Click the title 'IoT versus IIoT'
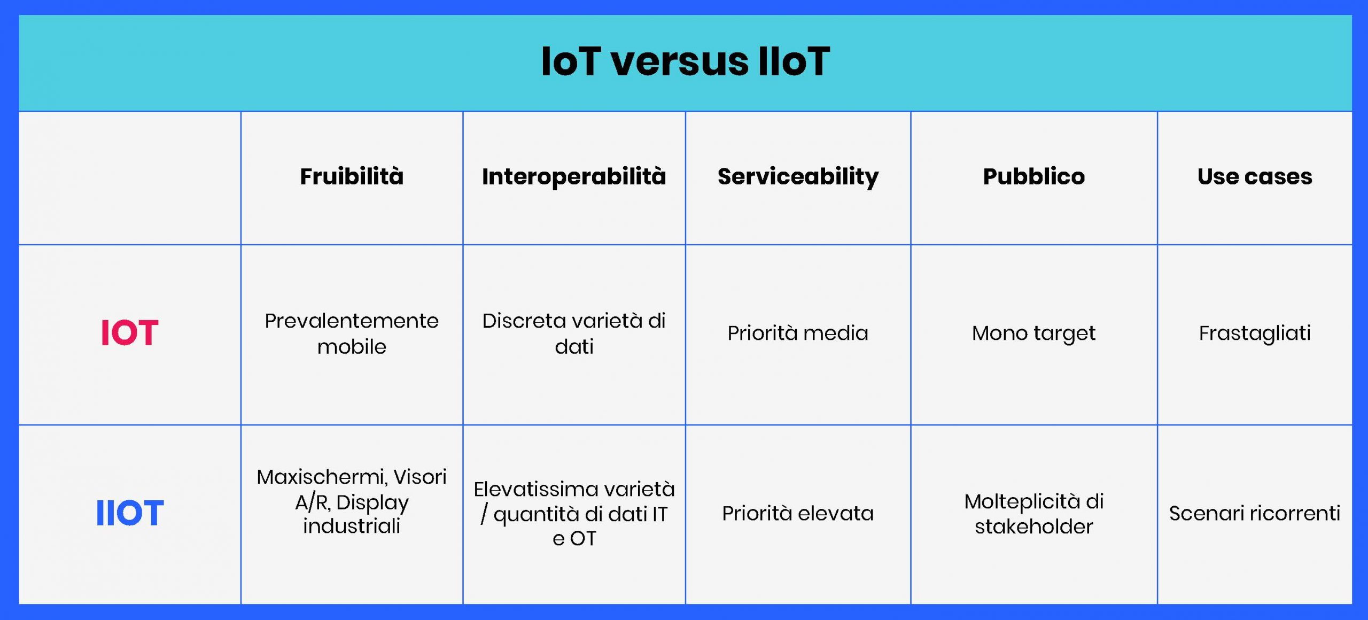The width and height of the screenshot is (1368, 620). coord(685,61)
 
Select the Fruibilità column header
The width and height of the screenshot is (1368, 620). coord(352,176)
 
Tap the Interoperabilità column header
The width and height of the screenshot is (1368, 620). coord(574,176)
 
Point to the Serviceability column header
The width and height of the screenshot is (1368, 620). coord(798,177)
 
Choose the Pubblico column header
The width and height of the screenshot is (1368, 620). coord(1033,176)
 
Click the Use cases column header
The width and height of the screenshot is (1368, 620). coord(1255,177)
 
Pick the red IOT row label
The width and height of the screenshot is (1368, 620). coord(129,332)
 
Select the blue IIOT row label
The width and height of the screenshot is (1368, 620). coord(129,513)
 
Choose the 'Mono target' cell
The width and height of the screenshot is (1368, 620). coord(1033,334)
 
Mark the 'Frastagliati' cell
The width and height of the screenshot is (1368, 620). coord(1255,334)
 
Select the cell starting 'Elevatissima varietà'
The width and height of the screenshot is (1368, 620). coord(574,514)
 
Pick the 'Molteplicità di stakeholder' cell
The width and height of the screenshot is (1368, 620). coord(1033,514)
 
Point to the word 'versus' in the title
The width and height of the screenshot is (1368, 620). coord(680,62)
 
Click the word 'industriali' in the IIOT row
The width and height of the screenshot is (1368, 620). coord(352,526)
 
